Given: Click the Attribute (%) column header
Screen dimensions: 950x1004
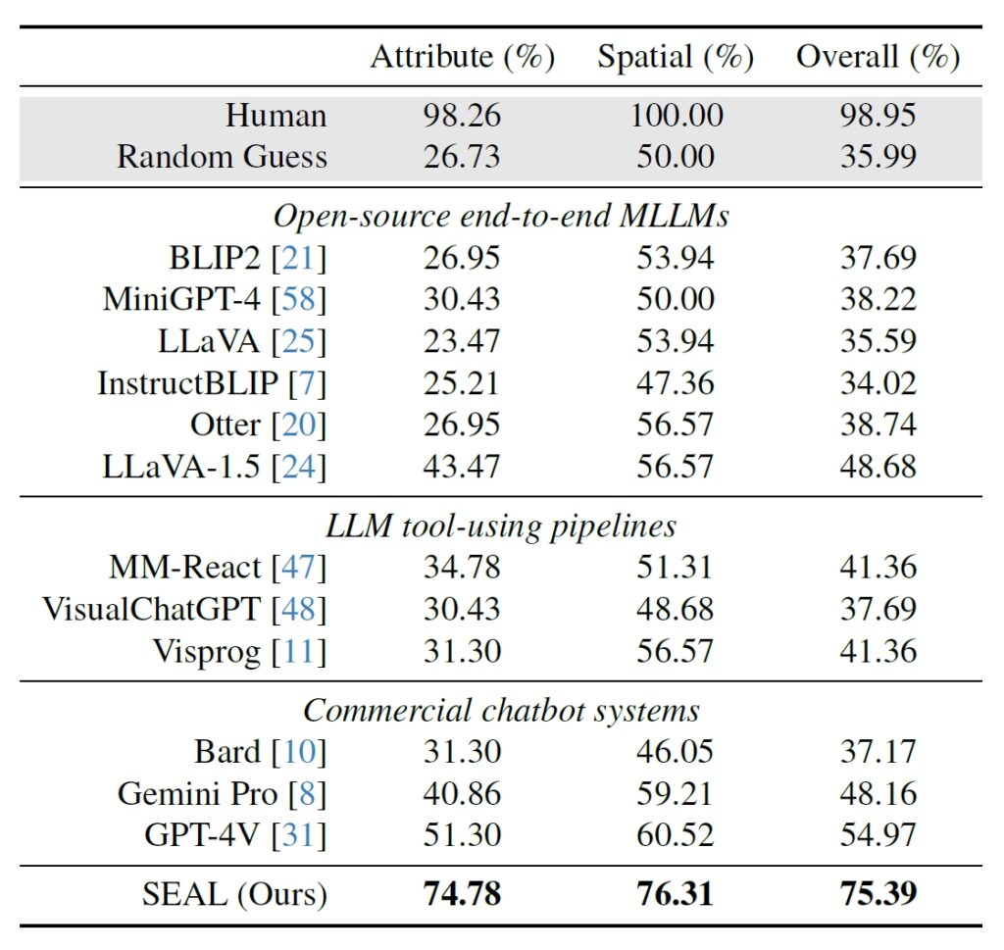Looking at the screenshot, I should pyautogui.click(x=462, y=58).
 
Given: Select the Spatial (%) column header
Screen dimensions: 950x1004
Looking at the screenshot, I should pyautogui.click(x=676, y=58).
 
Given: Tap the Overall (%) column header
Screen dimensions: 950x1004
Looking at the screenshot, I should pyautogui.click(x=878, y=58).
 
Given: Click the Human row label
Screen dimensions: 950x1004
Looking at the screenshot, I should pyautogui.click(x=276, y=116).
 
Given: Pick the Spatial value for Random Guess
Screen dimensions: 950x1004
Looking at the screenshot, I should pyautogui.click(x=676, y=157).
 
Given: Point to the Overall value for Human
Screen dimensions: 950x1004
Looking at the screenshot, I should pyautogui.click(x=878, y=116).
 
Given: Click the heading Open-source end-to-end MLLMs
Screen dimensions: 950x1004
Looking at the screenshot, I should pyautogui.click(x=501, y=216).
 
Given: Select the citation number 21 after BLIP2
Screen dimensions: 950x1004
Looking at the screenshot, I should pyautogui.click(x=299, y=259).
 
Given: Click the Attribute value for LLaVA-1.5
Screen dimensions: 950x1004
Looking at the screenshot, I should pyautogui.click(x=462, y=466).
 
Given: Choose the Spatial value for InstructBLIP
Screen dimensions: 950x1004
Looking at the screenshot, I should pyautogui.click(x=676, y=383).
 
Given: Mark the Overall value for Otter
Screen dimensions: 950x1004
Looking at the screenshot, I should pyautogui.click(x=878, y=425).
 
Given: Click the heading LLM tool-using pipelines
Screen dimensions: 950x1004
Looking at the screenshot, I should pyautogui.click(x=501, y=526).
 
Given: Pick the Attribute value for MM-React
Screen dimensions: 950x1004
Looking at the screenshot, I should pyautogui.click(x=462, y=568).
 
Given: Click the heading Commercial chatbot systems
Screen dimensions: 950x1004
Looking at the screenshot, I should pyautogui.click(x=501, y=710).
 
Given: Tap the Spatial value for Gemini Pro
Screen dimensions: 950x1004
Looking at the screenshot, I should pyautogui.click(x=676, y=793).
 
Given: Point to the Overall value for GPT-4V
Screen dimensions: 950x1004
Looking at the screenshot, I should pyautogui.click(x=878, y=834).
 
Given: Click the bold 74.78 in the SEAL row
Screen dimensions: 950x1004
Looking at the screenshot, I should pyautogui.click(x=462, y=895).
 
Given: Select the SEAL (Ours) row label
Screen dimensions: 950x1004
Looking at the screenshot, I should pyautogui.click(x=235, y=895).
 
